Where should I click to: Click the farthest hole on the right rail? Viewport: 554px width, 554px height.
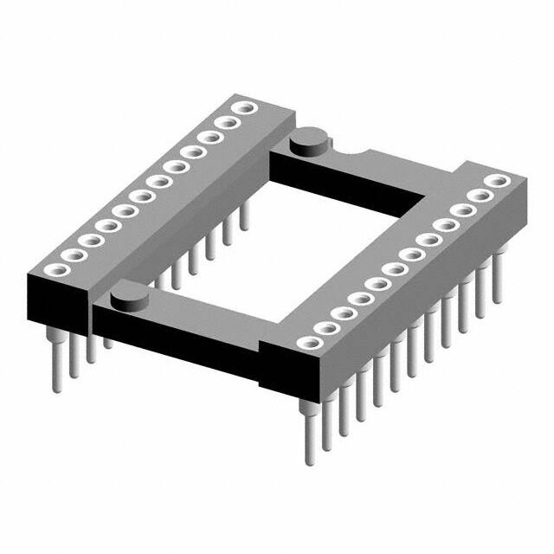[x=497, y=182]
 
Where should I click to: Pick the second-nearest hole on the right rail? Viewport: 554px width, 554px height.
[x=326, y=329]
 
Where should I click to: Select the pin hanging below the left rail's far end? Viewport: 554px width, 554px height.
[x=244, y=216]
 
